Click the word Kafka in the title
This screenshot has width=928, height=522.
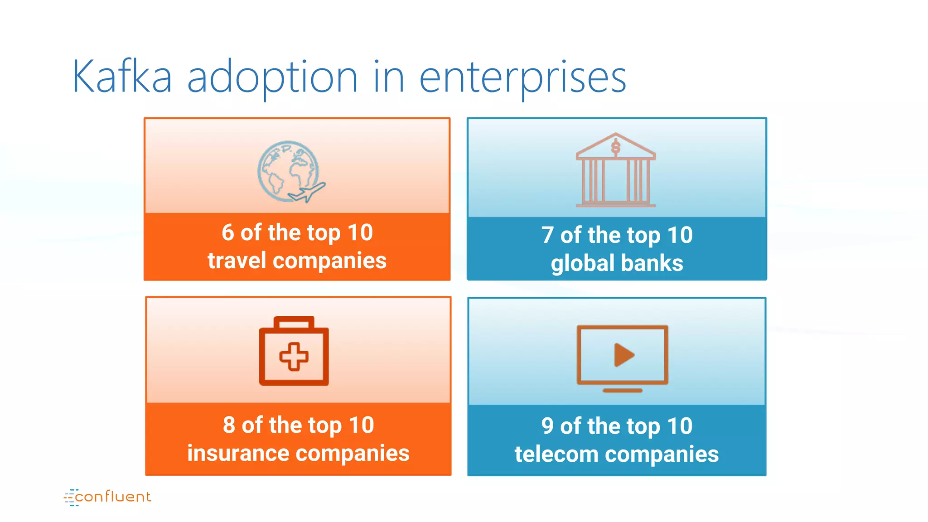coord(122,77)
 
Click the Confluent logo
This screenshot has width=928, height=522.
coord(108,497)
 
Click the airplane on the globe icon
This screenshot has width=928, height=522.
coord(308,193)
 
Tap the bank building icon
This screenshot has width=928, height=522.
coord(615,170)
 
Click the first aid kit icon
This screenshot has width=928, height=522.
coord(294,351)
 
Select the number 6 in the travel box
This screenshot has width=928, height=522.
coord(227,232)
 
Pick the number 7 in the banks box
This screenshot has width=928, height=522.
coord(547,235)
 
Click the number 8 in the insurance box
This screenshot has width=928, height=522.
coord(229,425)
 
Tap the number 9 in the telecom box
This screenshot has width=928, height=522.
coord(547,426)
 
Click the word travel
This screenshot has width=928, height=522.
coord(237,261)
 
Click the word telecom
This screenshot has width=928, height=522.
coord(556,454)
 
